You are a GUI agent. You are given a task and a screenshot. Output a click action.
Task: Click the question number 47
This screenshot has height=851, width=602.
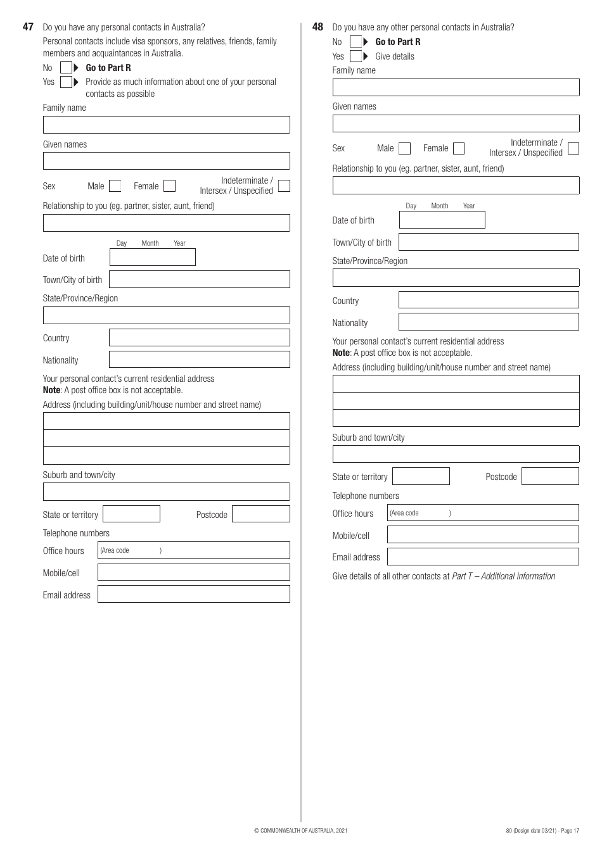(28, 27)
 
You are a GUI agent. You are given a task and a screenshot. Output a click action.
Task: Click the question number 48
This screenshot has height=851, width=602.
(317, 27)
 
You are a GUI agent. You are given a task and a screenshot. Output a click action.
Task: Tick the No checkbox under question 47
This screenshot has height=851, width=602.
(66, 68)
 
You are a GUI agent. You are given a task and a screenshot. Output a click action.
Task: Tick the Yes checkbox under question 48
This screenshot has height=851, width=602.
(355, 56)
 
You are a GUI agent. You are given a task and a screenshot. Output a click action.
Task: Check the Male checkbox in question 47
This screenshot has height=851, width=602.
(115, 186)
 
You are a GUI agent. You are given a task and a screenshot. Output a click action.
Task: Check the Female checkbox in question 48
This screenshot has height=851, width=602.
(459, 149)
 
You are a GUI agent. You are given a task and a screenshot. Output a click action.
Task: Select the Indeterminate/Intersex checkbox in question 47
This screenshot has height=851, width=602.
(284, 186)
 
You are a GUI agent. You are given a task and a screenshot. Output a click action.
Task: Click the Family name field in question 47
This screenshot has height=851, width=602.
(166, 125)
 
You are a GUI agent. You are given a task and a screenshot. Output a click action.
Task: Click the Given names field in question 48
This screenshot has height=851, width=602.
(456, 123)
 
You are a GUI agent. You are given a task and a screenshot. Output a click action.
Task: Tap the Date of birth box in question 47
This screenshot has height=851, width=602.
(152, 257)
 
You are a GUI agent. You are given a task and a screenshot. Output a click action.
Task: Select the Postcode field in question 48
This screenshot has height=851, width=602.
(550, 476)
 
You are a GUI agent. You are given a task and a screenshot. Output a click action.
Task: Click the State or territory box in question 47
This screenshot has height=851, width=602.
(131, 514)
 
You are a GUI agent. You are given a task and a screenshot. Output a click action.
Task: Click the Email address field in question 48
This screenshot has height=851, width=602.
(483, 557)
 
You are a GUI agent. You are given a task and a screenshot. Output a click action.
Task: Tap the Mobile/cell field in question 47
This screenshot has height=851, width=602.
(193, 572)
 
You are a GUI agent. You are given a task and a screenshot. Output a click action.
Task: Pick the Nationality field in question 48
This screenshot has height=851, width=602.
(489, 322)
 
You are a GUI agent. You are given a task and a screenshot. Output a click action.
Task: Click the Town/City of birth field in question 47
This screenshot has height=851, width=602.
(199, 279)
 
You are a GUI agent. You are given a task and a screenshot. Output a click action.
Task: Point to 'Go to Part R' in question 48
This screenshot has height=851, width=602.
(397, 42)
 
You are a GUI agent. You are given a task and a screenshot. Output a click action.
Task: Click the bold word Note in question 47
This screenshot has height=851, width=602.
(51, 390)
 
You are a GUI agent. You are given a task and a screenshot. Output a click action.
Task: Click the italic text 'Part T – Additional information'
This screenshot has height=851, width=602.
(503, 576)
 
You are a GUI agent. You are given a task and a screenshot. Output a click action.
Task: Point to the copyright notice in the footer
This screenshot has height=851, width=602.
(300, 831)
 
